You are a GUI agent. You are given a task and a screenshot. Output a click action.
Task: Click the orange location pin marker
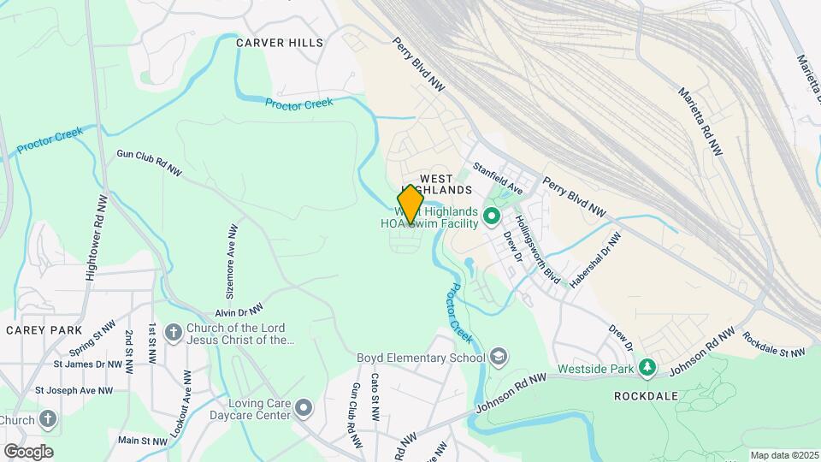click(x=410, y=204)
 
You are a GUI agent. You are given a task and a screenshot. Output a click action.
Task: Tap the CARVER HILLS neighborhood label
click(x=279, y=43)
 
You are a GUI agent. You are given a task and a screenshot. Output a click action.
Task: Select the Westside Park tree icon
click(x=648, y=368)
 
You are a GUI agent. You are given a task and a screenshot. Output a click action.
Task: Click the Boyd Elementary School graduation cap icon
click(x=499, y=357)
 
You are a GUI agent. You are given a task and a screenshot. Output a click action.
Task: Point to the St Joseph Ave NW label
click(x=74, y=390)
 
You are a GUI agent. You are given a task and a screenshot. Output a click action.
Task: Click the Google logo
click(x=28, y=452)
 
